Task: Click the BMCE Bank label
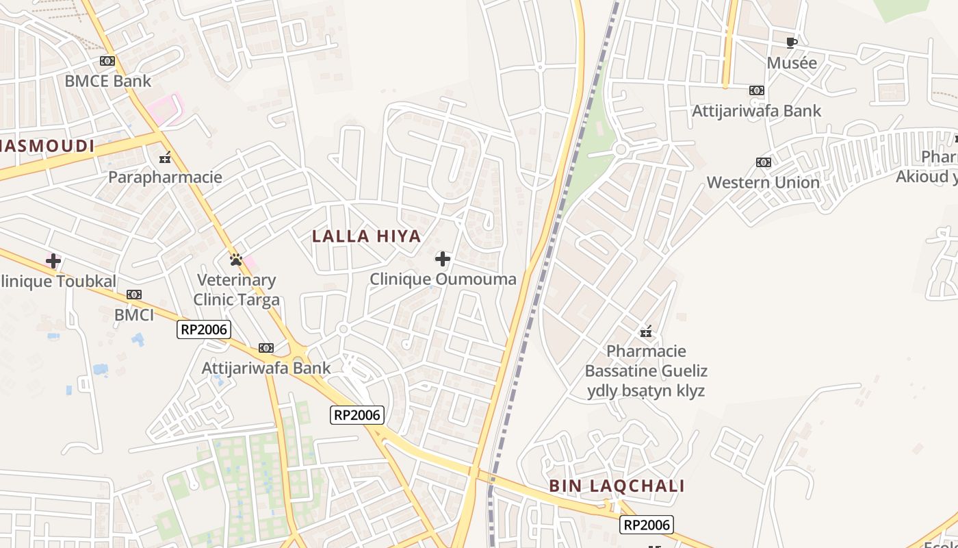click(107, 81)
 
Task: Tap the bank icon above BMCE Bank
click(107, 61)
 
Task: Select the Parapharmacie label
click(165, 177)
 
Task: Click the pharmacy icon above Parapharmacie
click(165, 158)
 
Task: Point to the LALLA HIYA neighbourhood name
click(366, 236)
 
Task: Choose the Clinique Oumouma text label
click(443, 279)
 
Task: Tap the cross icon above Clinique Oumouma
click(443, 259)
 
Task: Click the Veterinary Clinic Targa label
click(236, 290)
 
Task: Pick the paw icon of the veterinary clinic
click(236, 260)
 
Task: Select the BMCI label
click(134, 315)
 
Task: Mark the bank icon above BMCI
click(134, 295)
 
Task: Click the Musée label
click(792, 63)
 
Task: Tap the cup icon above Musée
click(792, 43)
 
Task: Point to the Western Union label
click(763, 183)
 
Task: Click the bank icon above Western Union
click(764, 162)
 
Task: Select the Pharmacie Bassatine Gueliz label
click(646, 371)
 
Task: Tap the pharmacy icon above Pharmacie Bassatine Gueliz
click(646, 332)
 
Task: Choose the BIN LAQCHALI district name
click(617, 486)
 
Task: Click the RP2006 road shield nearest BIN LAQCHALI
click(647, 525)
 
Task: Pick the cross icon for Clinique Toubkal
click(53, 261)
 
